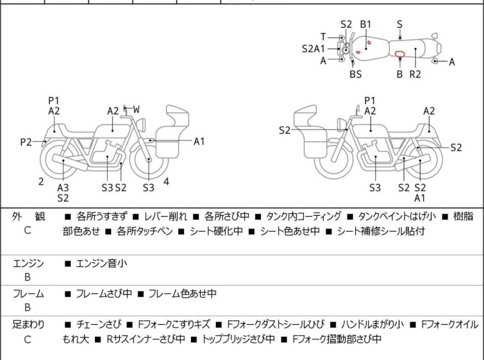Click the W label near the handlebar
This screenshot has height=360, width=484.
tap(136, 109)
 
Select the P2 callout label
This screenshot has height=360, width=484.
tap(26, 142)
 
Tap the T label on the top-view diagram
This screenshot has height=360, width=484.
tap(323, 37)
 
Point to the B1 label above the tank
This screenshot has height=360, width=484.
tap(366, 24)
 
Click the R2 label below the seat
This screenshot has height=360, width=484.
tap(415, 74)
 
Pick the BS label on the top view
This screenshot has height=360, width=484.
tap(356, 74)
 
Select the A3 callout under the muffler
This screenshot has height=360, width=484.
tap(63, 187)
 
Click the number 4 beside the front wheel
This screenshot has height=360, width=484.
tap(167, 182)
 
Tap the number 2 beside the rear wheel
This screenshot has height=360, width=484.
tap(41, 182)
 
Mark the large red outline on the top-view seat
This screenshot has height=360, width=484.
tap(400, 54)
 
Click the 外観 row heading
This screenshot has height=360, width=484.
tap(28, 217)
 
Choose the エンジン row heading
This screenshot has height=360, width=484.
tap(28, 264)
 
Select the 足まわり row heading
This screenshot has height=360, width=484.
tap(28, 325)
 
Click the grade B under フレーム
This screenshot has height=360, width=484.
tap(28, 307)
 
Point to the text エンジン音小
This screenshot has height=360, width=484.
tap(101, 264)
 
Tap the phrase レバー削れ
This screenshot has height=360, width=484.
tap(165, 217)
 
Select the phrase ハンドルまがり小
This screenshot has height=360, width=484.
tap(372, 325)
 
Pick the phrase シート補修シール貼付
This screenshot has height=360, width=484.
tap(381, 231)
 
